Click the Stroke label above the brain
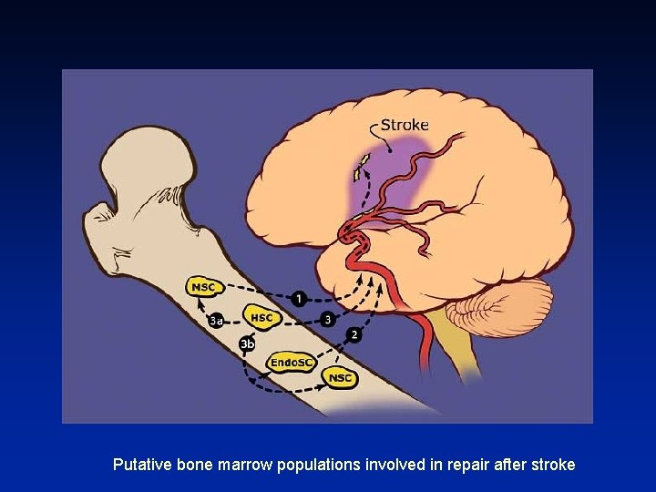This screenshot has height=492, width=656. pyautogui.click(x=404, y=125)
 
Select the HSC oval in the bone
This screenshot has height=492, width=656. pyautogui.click(x=261, y=318)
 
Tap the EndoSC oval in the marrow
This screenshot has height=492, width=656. pyautogui.click(x=291, y=364)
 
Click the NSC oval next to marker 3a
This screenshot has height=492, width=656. pyautogui.click(x=204, y=287)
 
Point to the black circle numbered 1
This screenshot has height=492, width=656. pyautogui.click(x=300, y=299)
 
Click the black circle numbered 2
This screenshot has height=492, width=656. pyautogui.click(x=354, y=334)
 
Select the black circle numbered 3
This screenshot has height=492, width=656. pyautogui.click(x=327, y=319)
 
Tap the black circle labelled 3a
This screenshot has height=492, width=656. pyautogui.click(x=217, y=320)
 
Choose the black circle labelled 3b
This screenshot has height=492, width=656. pyautogui.click(x=247, y=343)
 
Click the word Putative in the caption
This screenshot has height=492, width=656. pyautogui.click(x=140, y=465)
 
